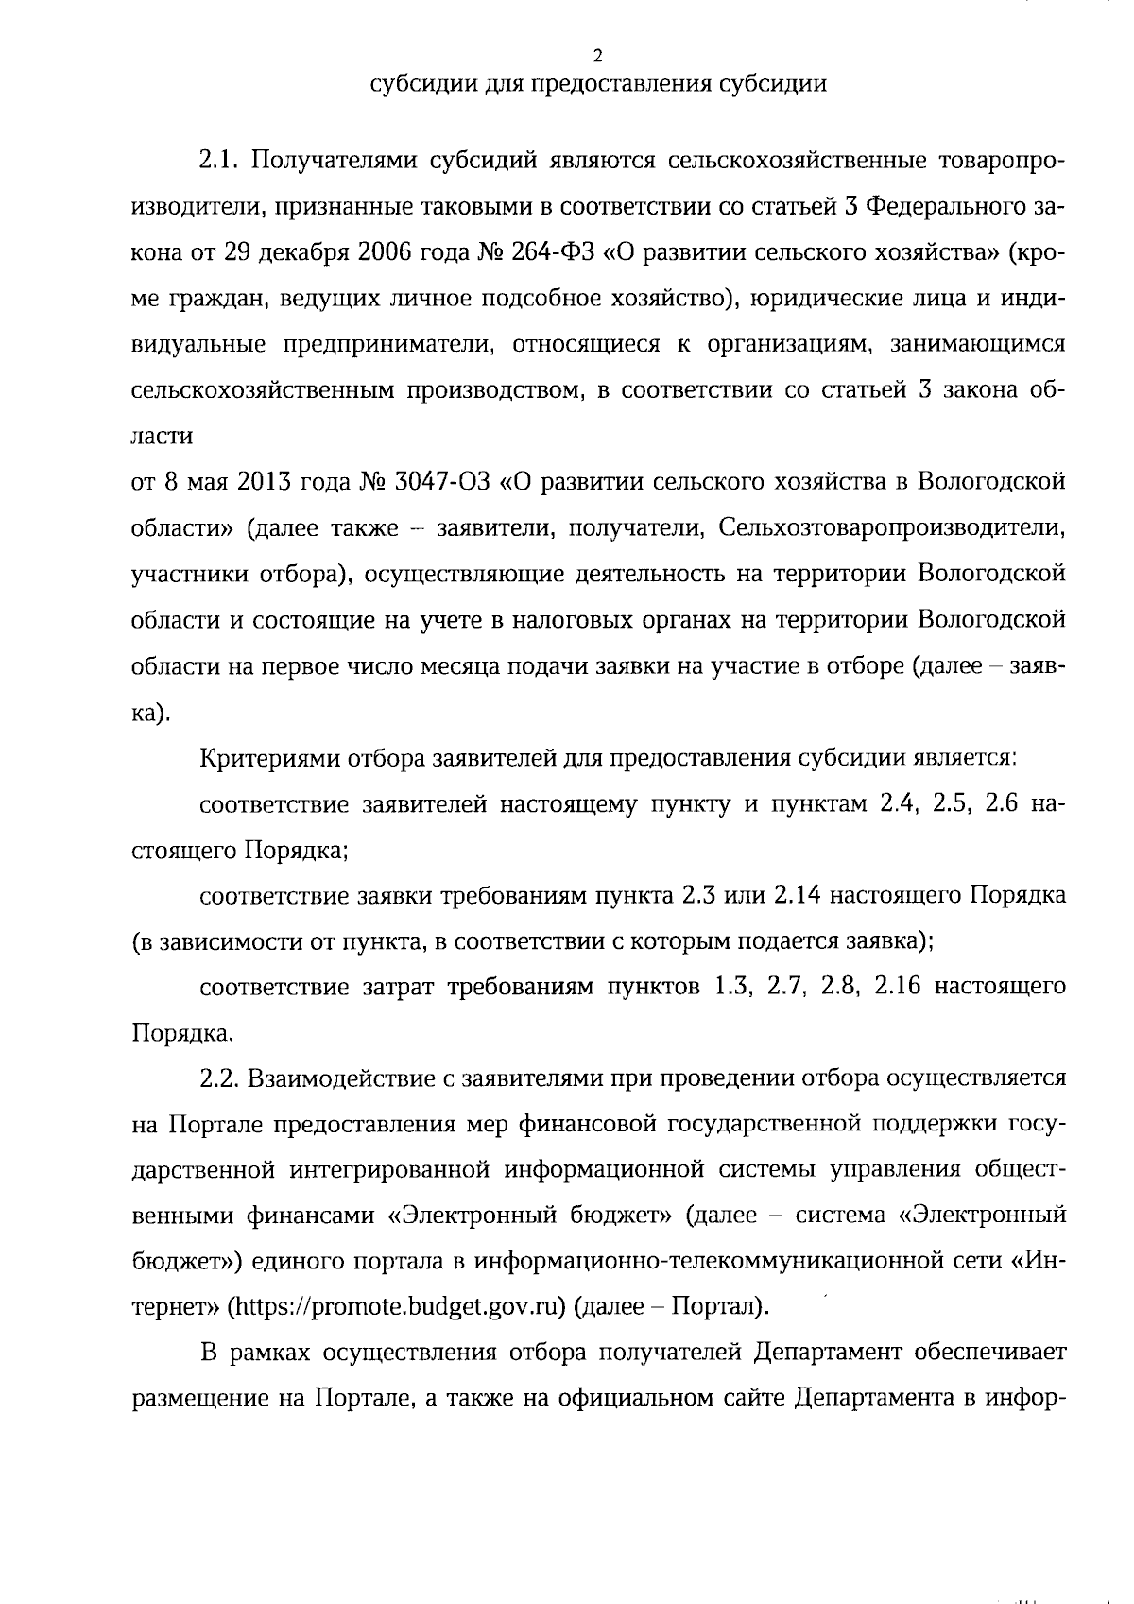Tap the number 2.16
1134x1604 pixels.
coord(899,987)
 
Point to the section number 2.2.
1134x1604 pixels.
coord(222,1078)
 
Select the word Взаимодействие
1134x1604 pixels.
coord(344,1078)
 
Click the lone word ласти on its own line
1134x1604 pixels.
coord(162,437)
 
